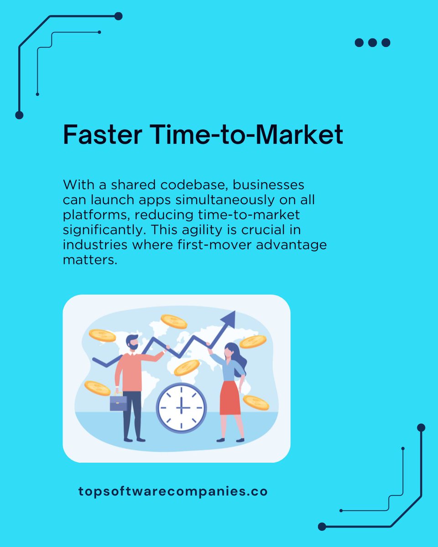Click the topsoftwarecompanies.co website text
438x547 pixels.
click(173, 492)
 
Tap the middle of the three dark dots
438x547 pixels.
click(372, 43)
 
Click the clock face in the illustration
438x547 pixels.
click(181, 408)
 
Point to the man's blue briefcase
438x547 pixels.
click(118, 403)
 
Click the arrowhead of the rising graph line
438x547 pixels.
click(229, 319)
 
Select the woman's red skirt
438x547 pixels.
click(230, 397)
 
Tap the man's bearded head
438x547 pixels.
click(132, 343)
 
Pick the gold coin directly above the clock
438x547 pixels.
click(187, 367)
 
